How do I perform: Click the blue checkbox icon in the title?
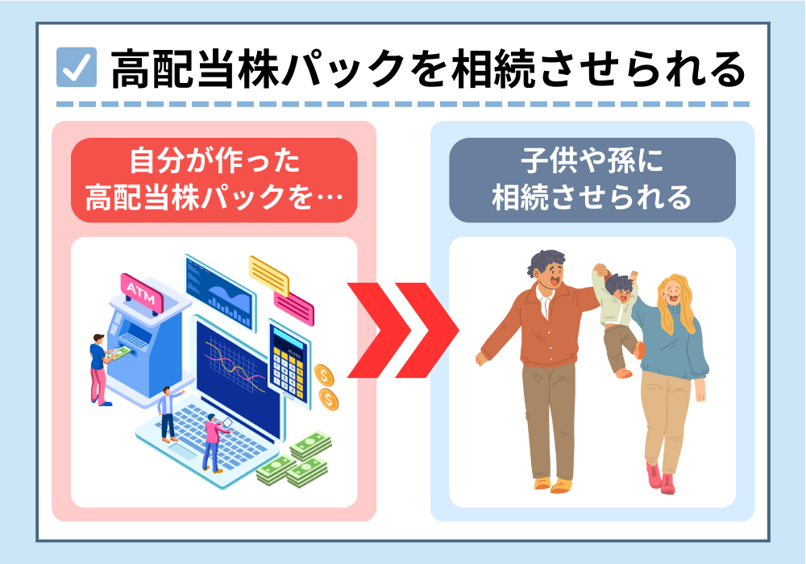[77, 67]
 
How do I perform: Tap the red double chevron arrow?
[403, 330]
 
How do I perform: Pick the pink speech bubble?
[293, 308]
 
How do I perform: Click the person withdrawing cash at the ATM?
[99, 369]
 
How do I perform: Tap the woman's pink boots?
[660, 479]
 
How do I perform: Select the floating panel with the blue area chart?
[220, 292]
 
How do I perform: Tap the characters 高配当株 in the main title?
[195, 68]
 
